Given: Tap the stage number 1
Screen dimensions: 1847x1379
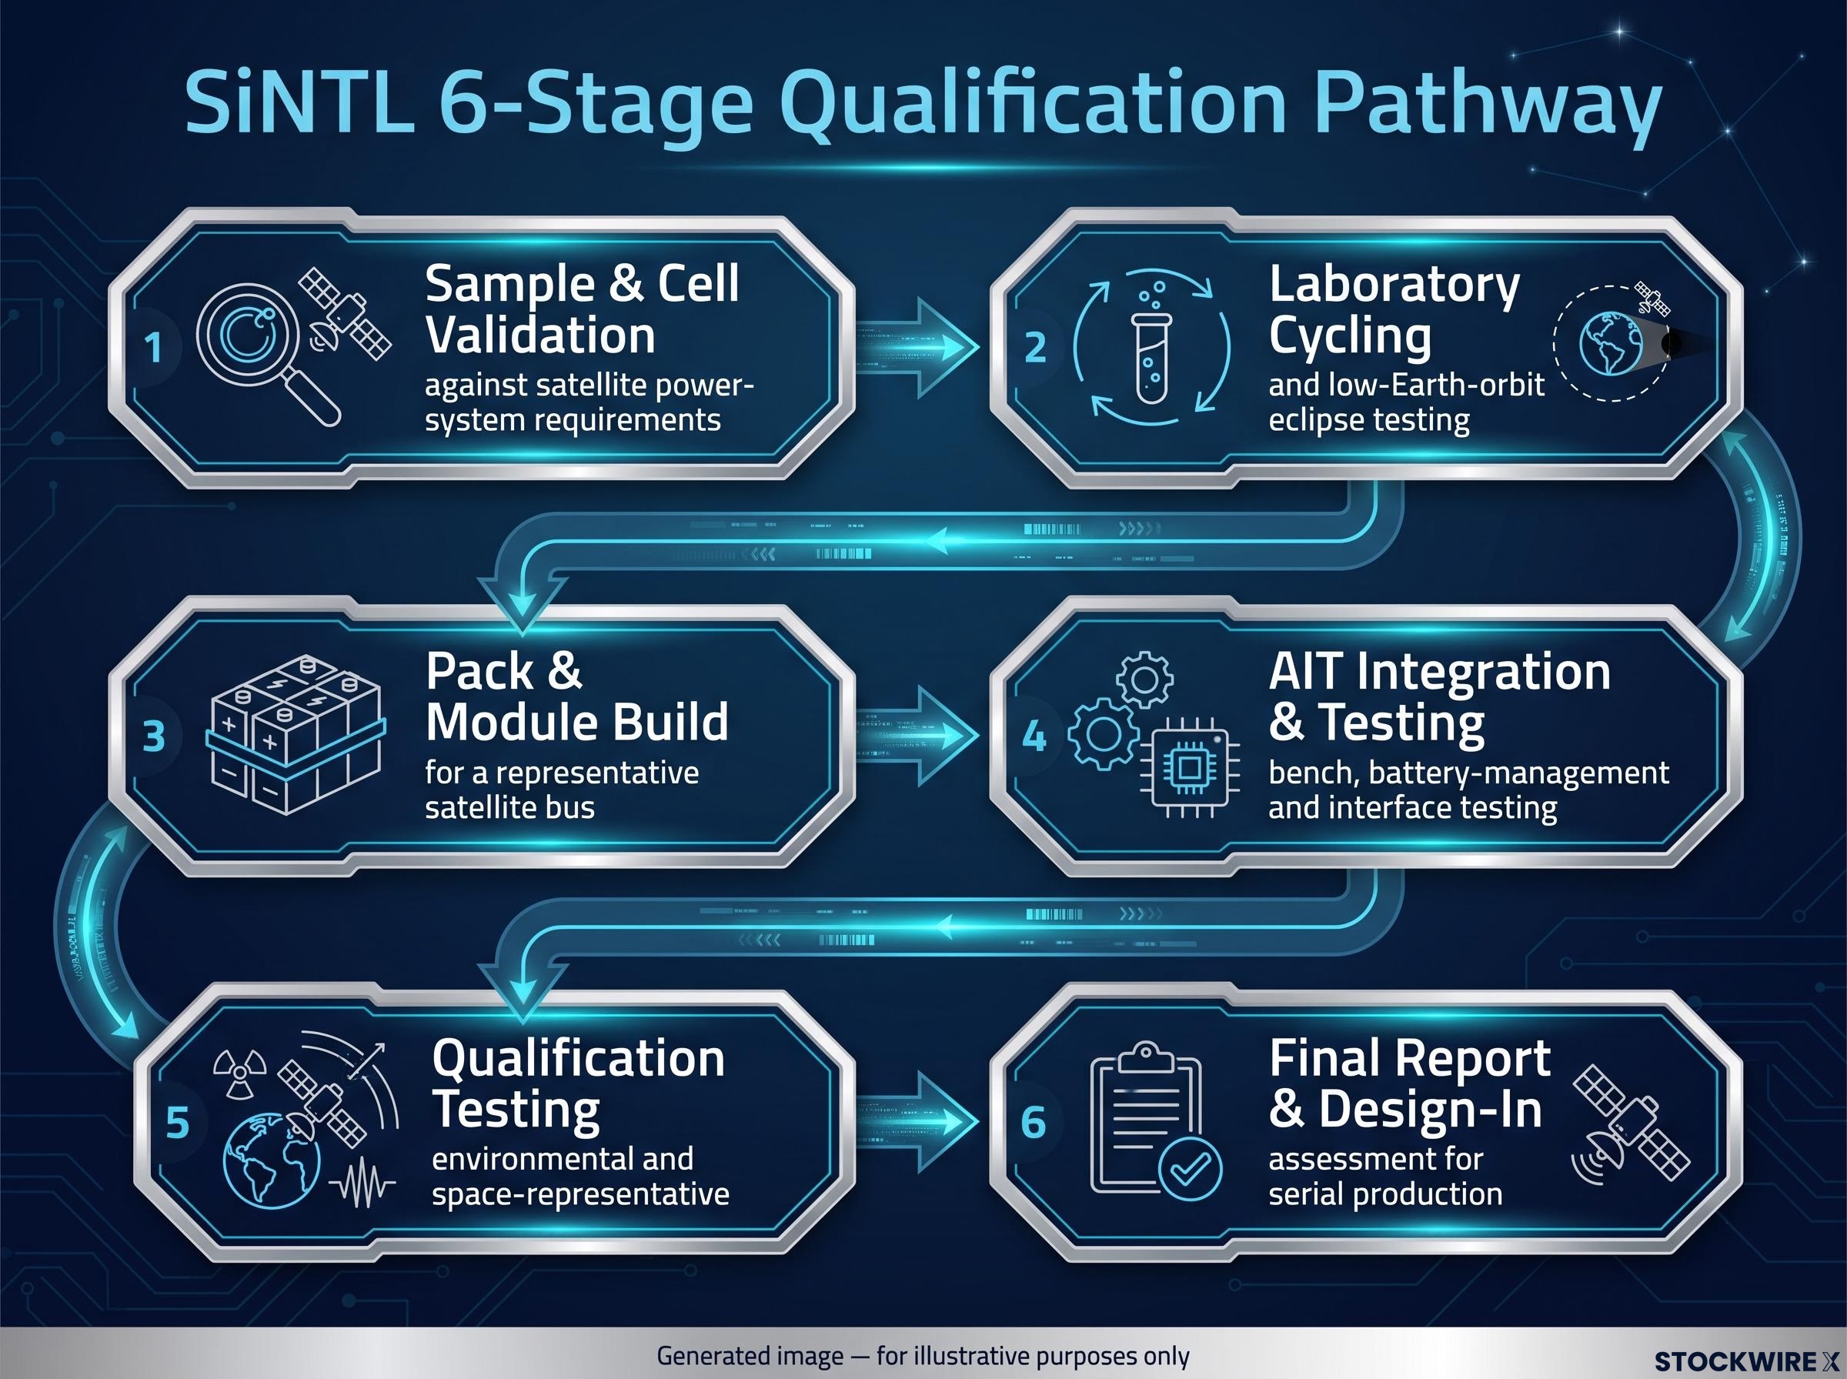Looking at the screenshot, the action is [152, 347].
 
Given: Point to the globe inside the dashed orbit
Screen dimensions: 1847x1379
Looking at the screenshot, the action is [1611, 343].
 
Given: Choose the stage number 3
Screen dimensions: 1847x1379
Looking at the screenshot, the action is [154, 736].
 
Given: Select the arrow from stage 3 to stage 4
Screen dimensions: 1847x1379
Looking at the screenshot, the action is [917, 736].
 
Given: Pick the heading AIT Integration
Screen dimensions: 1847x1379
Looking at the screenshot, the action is [1440, 672].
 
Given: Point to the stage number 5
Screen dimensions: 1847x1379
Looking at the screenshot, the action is [178, 1123].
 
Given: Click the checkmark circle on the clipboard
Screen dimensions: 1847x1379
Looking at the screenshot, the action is [1190, 1169].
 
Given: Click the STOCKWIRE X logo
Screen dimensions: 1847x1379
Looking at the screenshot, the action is [1745, 1361].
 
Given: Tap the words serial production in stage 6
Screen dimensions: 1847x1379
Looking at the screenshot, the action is [1385, 1194].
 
